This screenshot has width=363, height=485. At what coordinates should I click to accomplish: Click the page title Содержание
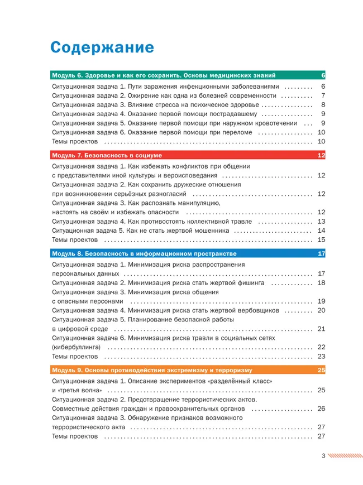(102, 46)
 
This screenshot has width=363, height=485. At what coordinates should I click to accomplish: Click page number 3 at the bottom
(323, 455)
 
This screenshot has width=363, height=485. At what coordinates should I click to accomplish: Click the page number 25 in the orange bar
(321, 370)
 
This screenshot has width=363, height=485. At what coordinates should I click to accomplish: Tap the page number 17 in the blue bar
(321, 253)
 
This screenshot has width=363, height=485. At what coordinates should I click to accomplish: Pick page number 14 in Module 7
(321, 231)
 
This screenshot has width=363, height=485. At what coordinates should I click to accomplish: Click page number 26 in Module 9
(321, 409)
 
